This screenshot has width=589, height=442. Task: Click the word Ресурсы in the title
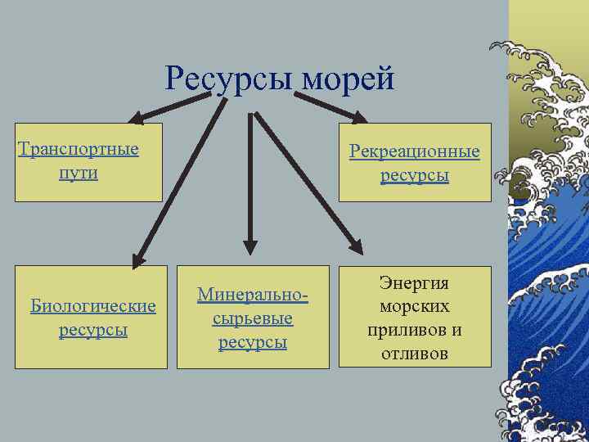[231, 79]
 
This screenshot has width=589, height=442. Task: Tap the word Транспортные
[79, 150]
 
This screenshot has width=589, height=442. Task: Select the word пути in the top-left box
[79, 174]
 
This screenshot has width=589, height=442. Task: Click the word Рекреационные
[415, 151]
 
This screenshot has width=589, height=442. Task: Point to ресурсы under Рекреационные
[415, 175]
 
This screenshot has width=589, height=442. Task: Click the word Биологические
[92, 306]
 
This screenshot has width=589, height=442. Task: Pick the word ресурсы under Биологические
[92, 331]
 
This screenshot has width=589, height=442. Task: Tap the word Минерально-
[254, 294]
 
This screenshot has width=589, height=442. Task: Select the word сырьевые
[253, 318]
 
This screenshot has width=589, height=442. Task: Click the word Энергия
[414, 283]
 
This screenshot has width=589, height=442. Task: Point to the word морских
[414, 307]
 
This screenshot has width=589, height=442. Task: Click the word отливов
[414, 354]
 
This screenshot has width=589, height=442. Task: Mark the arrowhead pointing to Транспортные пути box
[139, 120]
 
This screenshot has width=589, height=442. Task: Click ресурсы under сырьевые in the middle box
[253, 342]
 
